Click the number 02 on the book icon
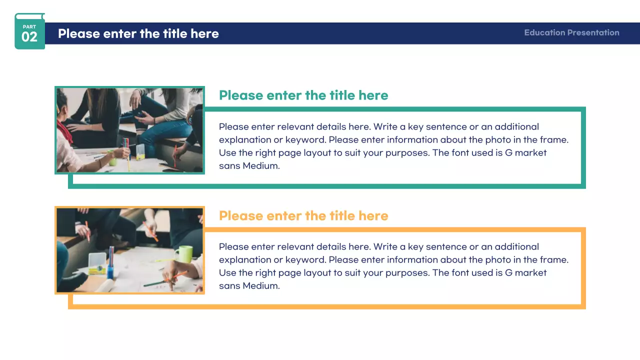29,37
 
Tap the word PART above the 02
29,27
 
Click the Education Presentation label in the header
571,32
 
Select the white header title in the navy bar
138,33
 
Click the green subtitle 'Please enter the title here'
303,95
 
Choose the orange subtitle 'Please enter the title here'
303,215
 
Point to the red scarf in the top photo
64,132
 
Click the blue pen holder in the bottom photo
110,271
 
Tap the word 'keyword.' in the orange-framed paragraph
305,259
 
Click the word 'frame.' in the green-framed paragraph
554,139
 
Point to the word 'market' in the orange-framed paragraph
530,272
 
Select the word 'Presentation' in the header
593,32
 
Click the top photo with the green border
129,130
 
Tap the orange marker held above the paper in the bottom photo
151,231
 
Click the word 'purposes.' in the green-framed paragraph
407,153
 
